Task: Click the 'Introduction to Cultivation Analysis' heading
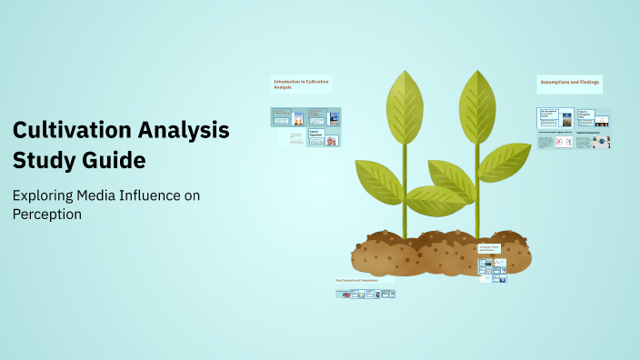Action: pyautogui.click(x=301, y=84)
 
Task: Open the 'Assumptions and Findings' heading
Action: pyautogui.click(x=570, y=82)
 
